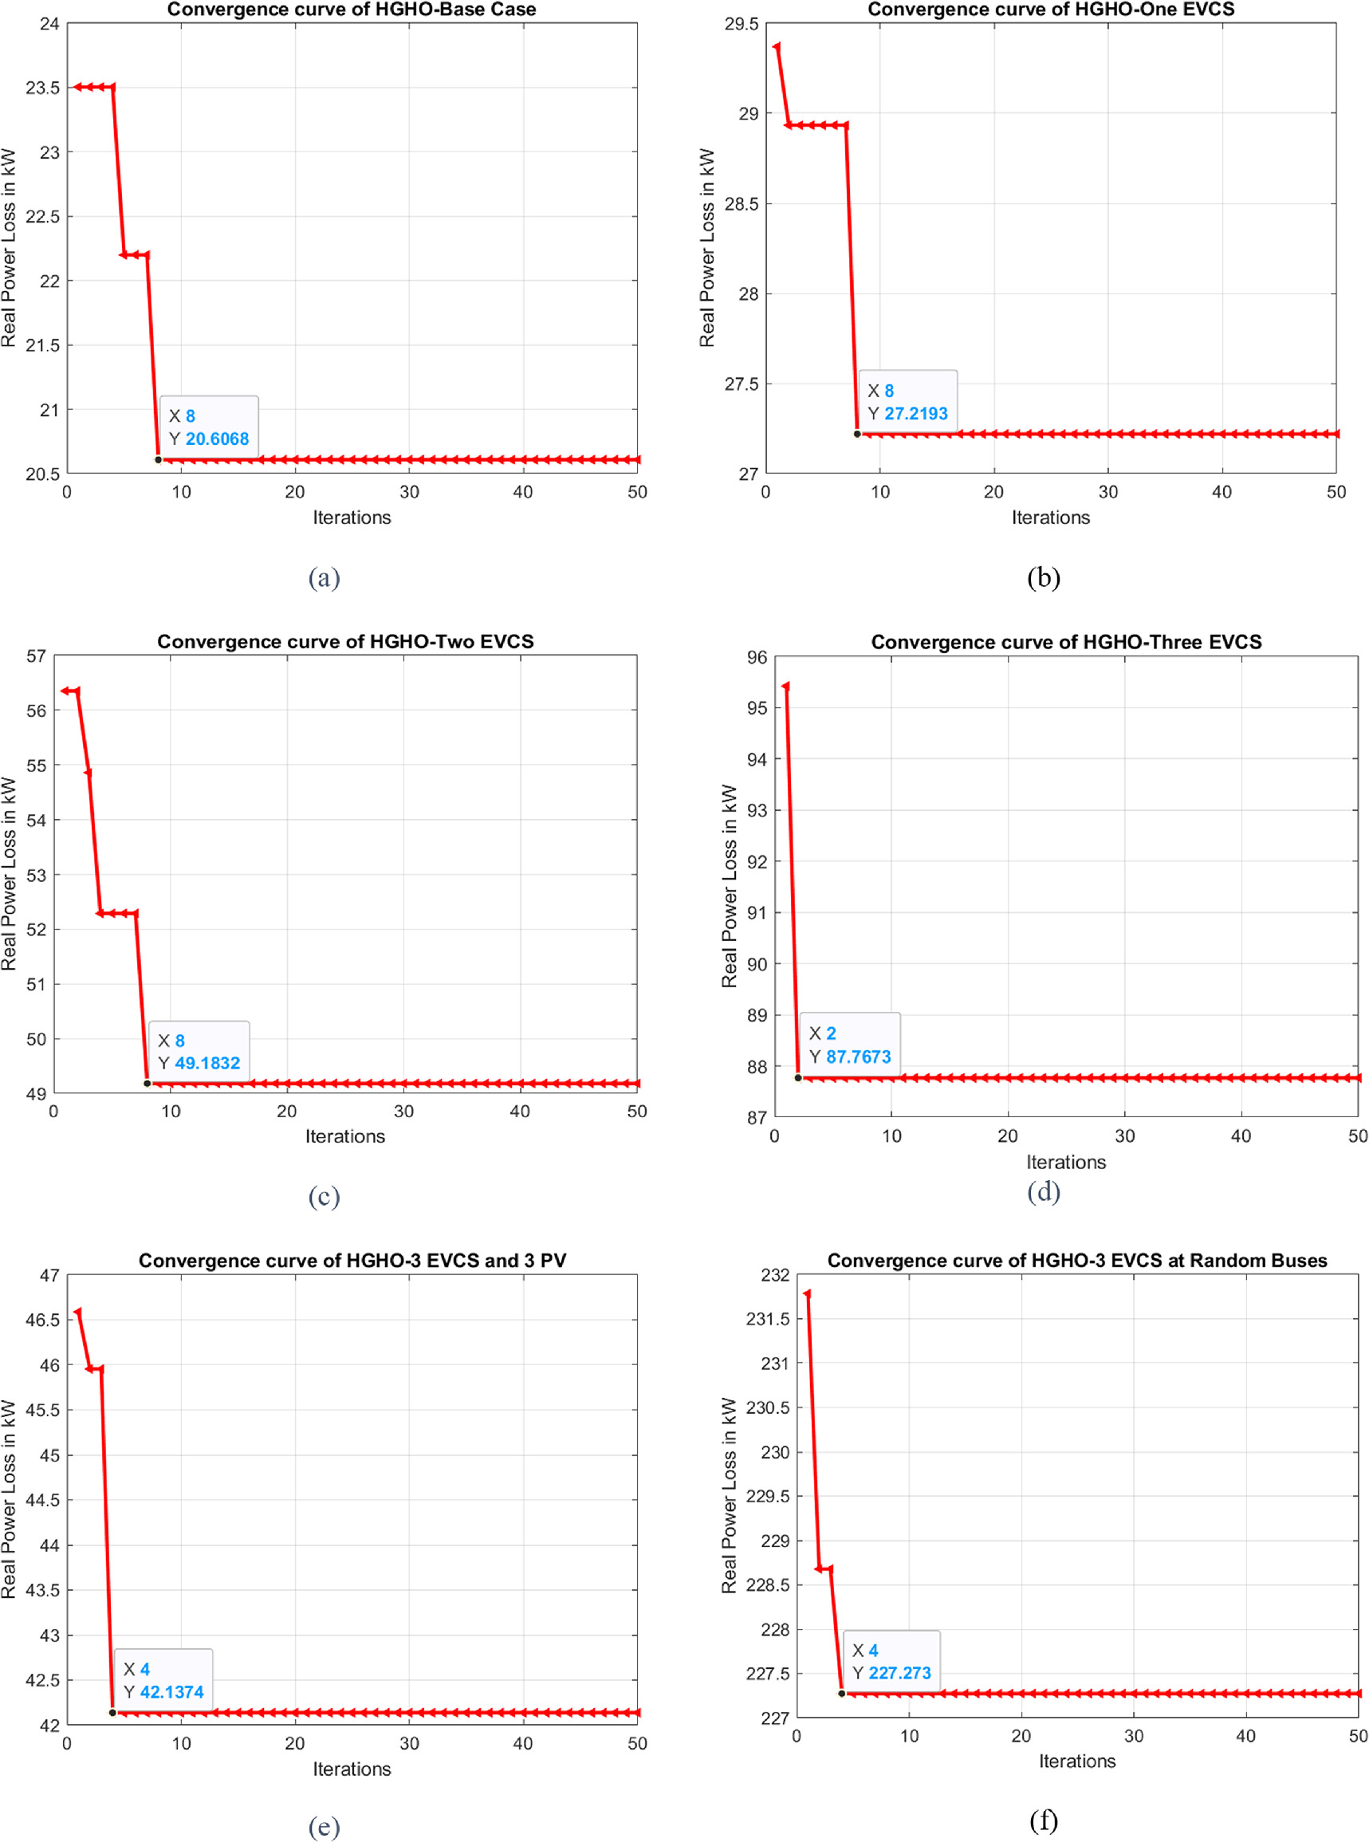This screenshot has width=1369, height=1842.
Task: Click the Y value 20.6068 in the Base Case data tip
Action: point(216,439)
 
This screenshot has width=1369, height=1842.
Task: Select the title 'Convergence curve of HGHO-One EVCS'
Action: point(1050,9)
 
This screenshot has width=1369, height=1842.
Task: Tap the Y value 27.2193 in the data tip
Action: point(915,414)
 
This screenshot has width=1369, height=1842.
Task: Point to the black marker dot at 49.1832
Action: point(148,1083)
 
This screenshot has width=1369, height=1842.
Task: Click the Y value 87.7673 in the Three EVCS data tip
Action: point(858,1057)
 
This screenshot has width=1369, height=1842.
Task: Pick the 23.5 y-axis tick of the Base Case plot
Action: point(43,88)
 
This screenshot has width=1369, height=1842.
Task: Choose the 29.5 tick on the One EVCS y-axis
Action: point(741,25)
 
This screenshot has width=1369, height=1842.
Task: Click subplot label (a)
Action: point(324,577)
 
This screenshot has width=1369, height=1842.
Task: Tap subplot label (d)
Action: point(1044,1191)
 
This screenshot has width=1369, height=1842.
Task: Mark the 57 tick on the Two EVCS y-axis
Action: point(37,656)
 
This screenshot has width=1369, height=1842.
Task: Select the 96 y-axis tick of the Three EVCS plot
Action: point(757,657)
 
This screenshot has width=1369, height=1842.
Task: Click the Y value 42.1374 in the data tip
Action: point(171,1692)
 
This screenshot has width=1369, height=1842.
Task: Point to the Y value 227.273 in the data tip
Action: point(899,1673)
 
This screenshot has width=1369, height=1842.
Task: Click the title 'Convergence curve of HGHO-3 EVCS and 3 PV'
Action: point(352,1261)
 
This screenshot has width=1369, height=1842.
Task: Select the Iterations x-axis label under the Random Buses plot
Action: point(1076,1761)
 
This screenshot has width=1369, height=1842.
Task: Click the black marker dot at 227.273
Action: point(841,1694)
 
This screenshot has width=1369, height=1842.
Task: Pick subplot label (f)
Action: point(1044,1820)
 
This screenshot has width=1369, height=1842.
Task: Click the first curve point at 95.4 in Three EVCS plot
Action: point(785,687)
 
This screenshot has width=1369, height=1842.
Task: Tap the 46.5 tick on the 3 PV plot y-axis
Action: point(43,1320)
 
